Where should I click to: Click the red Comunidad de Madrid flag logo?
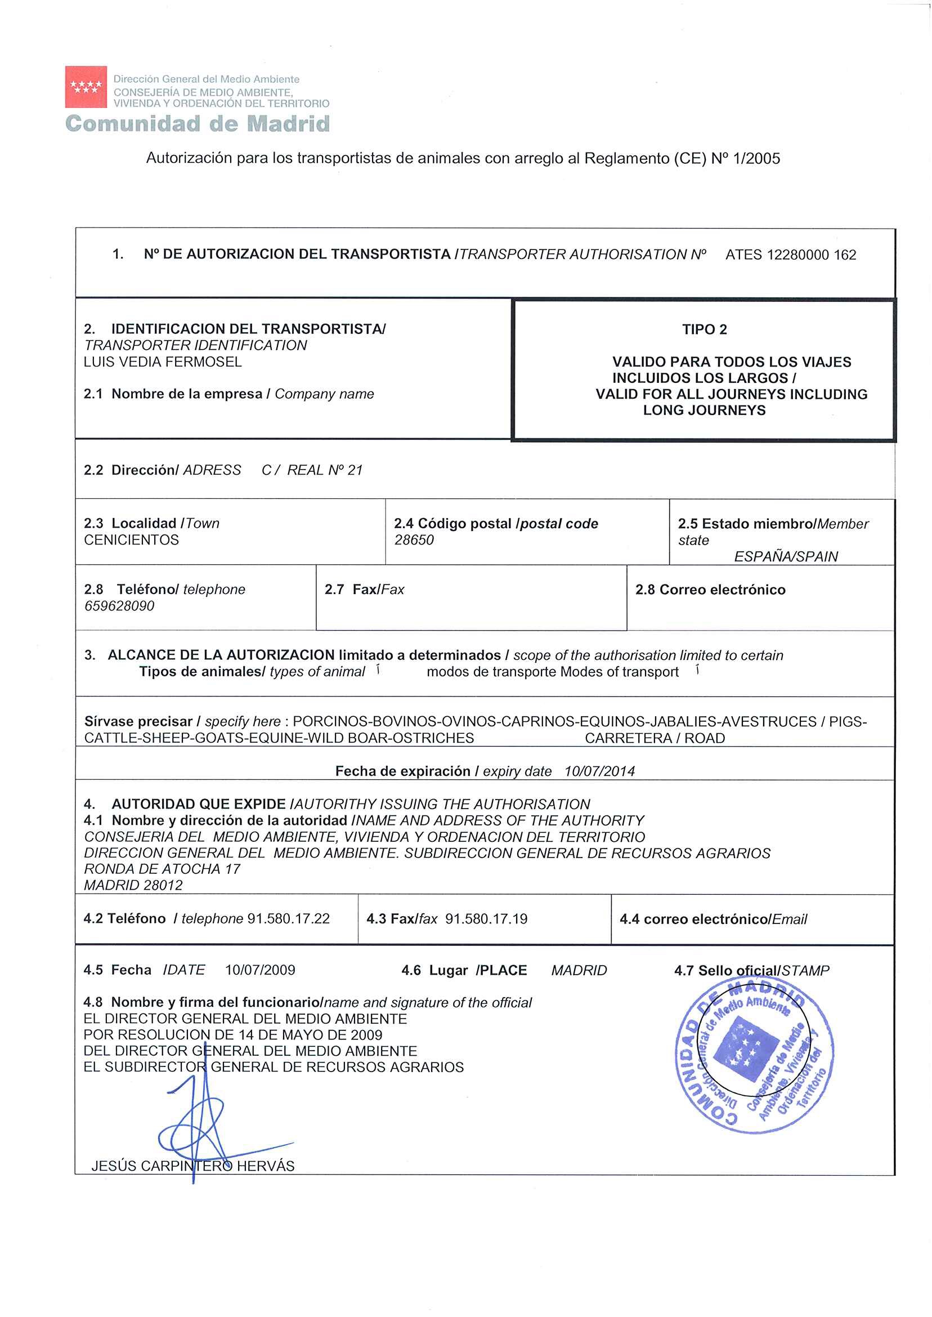pyautogui.click(x=86, y=87)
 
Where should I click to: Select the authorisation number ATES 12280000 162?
pyautogui.click(x=790, y=255)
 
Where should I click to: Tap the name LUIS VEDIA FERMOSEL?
pyautogui.click(x=163, y=361)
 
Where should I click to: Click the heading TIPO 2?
pyautogui.click(x=704, y=329)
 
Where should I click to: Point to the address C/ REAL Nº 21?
pyautogui.click(x=312, y=470)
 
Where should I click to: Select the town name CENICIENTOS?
pyautogui.click(x=132, y=539)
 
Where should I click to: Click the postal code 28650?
pyautogui.click(x=414, y=539)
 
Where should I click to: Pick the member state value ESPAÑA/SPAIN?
pyautogui.click(x=786, y=556)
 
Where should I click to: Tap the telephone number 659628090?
pyautogui.click(x=119, y=606)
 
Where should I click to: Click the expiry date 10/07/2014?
pyautogui.click(x=599, y=771)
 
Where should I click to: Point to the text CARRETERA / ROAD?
pyautogui.click(x=655, y=738)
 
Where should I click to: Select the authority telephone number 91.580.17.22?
pyautogui.click(x=288, y=918)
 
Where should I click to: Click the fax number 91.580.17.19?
pyautogui.click(x=486, y=918)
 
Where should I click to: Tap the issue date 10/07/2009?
pyautogui.click(x=260, y=970)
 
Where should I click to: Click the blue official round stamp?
pyautogui.click(x=754, y=1056)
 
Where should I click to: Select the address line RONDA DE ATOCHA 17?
pyautogui.click(x=162, y=869)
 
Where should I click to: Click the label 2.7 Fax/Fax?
pyautogui.click(x=365, y=590)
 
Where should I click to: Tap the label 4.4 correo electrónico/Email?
pyautogui.click(x=713, y=919)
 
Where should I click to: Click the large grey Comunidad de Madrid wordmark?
pyautogui.click(x=198, y=124)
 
